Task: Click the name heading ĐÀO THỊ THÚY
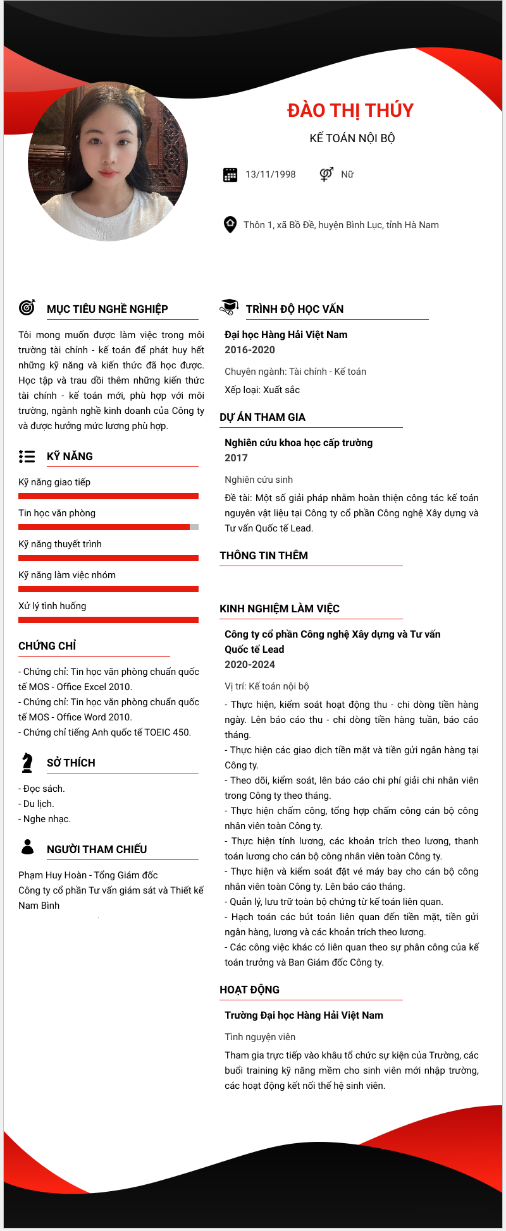350,111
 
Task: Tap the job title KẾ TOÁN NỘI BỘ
352,138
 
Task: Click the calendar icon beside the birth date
230,174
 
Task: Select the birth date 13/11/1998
270,174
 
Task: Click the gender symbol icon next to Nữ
326,174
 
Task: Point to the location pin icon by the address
230,224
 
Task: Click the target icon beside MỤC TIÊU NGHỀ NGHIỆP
27,308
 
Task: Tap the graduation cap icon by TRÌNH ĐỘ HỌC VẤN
228,307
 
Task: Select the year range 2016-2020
250,350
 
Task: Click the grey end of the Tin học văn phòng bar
194,527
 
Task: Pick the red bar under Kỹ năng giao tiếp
108,496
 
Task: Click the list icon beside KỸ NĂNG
27,456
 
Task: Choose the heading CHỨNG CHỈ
47,646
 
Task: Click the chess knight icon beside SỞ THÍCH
27,763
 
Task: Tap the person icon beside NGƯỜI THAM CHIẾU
27,847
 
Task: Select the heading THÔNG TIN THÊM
264,555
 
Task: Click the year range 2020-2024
250,665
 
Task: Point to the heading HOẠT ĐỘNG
249,990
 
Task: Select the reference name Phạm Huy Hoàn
52,875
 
